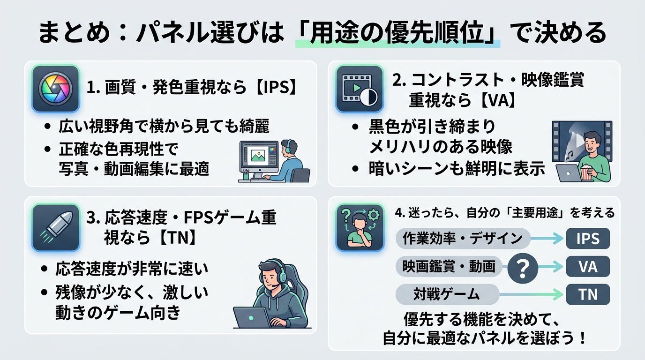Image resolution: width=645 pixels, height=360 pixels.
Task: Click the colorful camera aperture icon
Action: coord(56,89)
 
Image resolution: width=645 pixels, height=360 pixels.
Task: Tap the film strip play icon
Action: coord(360,89)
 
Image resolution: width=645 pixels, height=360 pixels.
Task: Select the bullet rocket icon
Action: coord(56,227)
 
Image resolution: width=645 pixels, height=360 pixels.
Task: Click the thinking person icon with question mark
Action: coord(360,227)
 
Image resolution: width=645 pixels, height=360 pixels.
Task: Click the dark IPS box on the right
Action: coord(588,239)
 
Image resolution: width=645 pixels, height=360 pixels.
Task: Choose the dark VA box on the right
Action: coord(588,266)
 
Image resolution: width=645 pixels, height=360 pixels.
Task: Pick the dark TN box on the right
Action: coord(588,294)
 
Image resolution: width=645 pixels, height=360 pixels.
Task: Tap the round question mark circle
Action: coord(523,268)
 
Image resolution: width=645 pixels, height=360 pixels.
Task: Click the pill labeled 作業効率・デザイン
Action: coord(463,239)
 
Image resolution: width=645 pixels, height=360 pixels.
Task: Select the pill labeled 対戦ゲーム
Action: coord(447,294)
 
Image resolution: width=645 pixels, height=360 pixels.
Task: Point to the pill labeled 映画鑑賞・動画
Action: coord(449,266)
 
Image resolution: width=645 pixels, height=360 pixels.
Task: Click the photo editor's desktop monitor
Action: coord(259,159)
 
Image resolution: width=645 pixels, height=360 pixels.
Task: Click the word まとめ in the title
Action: coord(74,32)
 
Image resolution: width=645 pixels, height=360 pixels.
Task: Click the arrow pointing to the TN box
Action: coord(531,294)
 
